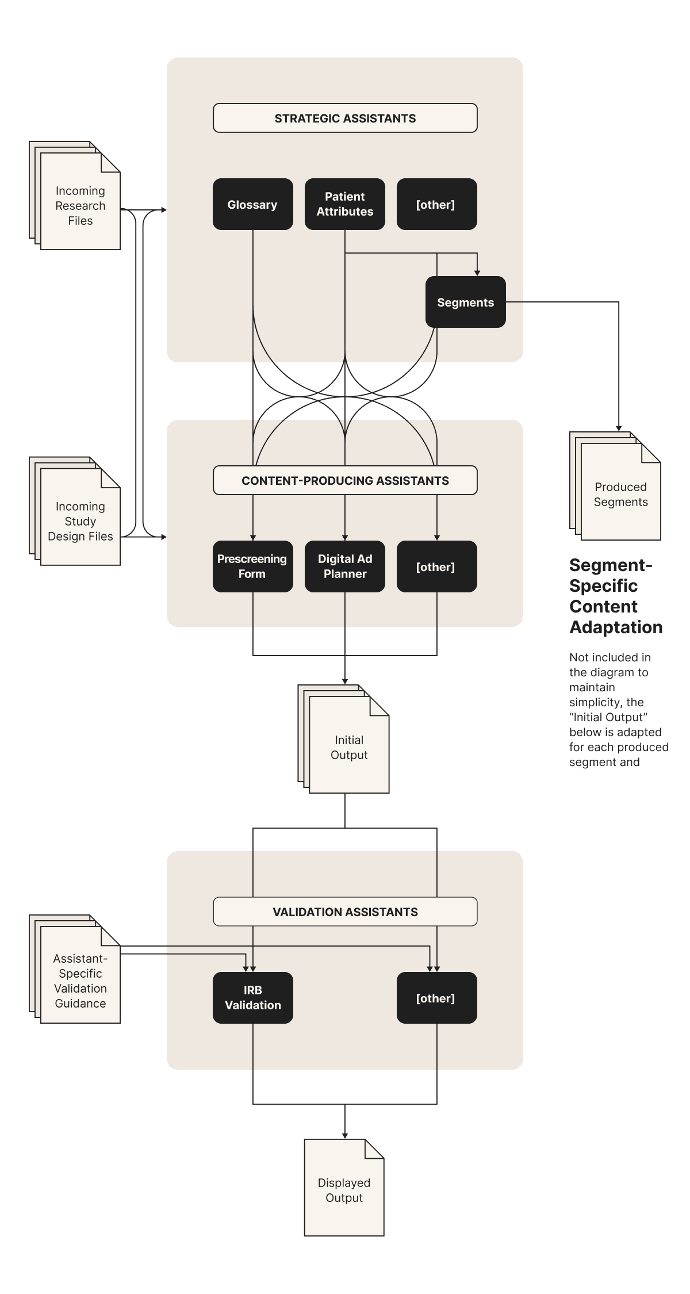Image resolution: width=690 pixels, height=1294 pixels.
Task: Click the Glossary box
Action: (x=252, y=204)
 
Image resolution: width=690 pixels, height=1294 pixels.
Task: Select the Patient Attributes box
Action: (x=344, y=204)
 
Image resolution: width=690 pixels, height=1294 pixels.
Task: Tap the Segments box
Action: (x=465, y=302)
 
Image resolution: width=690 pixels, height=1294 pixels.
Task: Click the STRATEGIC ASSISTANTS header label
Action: (x=345, y=118)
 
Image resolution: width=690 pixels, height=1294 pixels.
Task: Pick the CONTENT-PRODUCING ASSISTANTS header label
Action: (x=345, y=480)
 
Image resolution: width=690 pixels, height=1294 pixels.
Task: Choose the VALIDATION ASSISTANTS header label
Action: (x=345, y=912)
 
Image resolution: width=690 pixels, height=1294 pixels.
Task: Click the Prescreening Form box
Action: (x=252, y=566)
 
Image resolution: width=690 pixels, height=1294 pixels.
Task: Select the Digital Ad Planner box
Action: (x=344, y=566)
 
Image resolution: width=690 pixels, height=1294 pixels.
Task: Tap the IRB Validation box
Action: (x=252, y=998)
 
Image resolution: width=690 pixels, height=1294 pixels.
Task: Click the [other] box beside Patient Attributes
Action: (x=436, y=204)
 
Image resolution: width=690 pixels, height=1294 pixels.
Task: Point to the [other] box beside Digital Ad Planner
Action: (x=436, y=566)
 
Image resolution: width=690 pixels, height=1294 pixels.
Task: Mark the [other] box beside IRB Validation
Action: (x=436, y=998)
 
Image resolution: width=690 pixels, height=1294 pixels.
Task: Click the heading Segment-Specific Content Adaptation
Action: (x=615, y=596)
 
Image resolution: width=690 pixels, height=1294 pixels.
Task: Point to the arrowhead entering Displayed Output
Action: (x=345, y=1135)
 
